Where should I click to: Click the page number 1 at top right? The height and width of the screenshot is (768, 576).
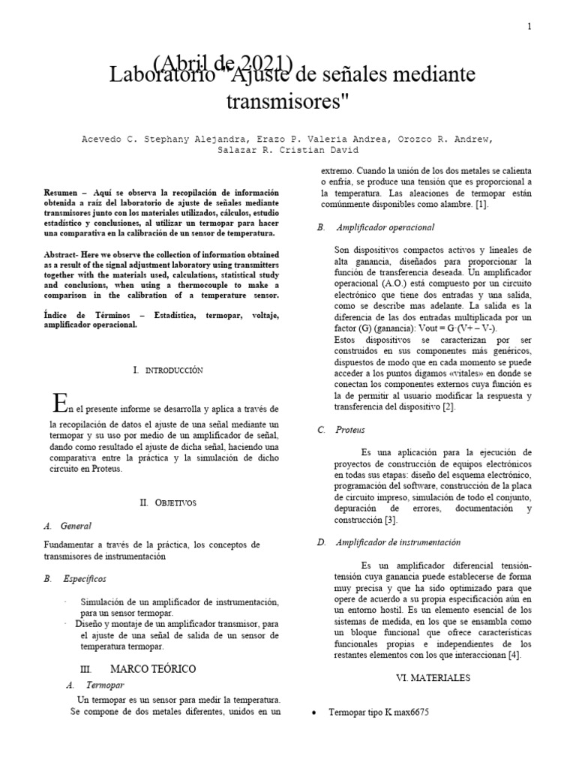coord(529,26)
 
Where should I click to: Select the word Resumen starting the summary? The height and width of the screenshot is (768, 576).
coord(60,193)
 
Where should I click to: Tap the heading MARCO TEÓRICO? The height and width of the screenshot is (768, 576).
coord(153,668)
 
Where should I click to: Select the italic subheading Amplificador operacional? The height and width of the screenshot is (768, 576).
coord(385,226)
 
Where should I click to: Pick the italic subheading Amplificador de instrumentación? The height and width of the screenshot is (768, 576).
coord(398,542)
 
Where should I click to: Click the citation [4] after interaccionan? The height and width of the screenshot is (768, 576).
coord(513,655)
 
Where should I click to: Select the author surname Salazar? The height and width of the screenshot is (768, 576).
coord(234,151)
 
